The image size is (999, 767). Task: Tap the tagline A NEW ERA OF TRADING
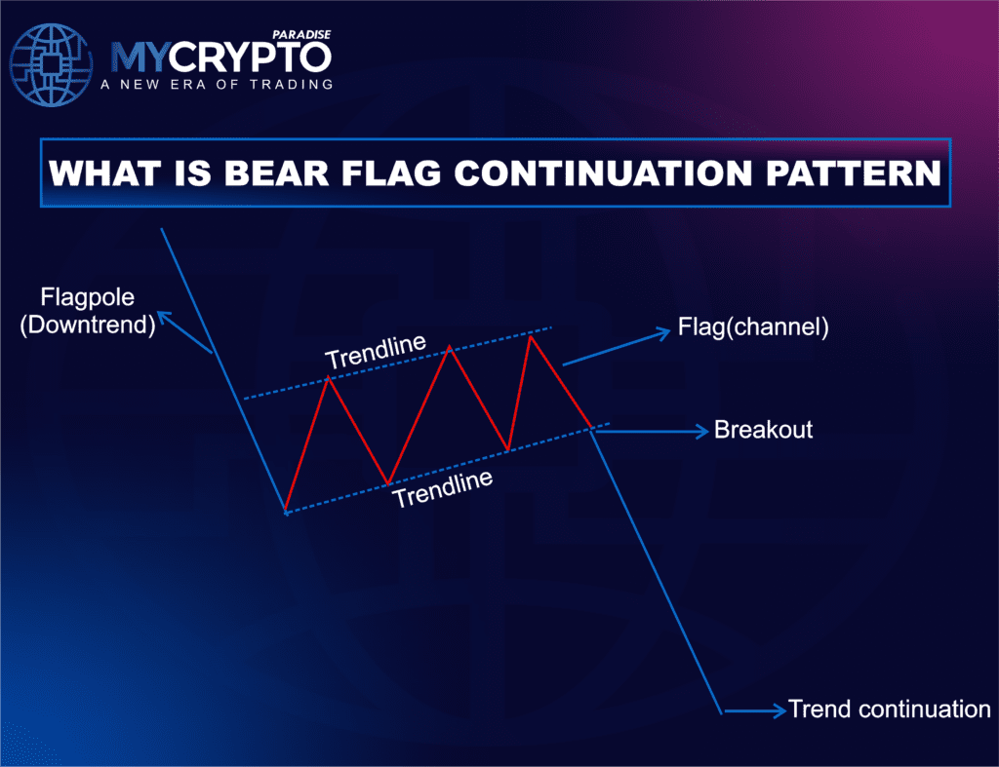coord(217,85)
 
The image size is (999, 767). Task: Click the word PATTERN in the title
coord(847,173)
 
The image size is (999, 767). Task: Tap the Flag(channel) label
coord(753,327)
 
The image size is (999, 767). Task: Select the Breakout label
coord(763,430)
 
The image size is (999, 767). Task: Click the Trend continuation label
coord(889,709)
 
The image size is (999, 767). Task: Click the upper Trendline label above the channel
coord(376,353)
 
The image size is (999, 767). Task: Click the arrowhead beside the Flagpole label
coord(166,317)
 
